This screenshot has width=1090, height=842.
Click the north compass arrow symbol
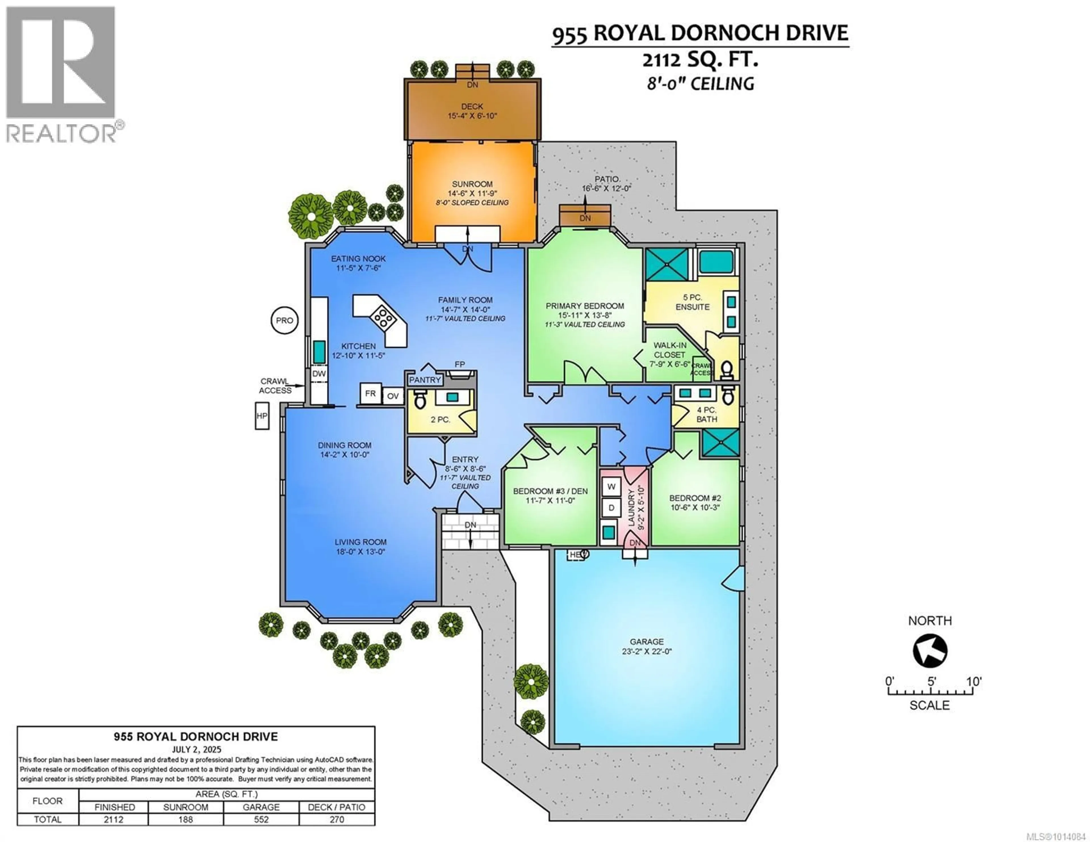point(930,651)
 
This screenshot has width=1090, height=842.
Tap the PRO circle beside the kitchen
point(284,320)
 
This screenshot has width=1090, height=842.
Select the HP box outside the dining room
point(261,416)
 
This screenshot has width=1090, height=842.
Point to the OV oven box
point(393,396)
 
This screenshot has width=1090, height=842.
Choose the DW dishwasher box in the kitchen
point(319,373)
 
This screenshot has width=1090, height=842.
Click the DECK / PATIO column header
point(337,807)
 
